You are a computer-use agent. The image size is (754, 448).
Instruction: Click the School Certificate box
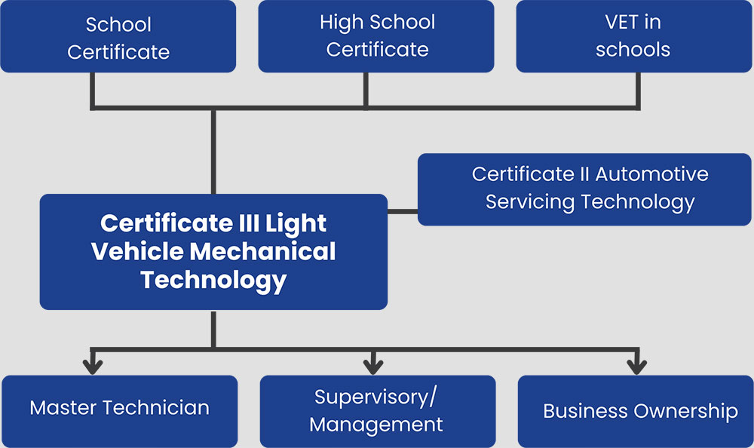[x=118, y=36]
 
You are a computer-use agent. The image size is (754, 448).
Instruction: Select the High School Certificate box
[x=376, y=36]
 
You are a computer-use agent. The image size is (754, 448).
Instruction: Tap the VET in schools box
[x=634, y=36]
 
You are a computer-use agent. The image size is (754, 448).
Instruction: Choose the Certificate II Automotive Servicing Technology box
[x=584, y=189]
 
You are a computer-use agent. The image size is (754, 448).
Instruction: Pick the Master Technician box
[x=120, y=412]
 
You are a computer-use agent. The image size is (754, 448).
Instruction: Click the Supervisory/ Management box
[x=378, y=412]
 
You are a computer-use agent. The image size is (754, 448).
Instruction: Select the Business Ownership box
[x=636, y=412]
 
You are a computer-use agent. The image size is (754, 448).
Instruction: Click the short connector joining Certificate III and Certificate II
[x=403, y=211]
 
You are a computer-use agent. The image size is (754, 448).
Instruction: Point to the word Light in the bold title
[x=296, y=224]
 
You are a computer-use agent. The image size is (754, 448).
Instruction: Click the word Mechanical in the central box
[x=262, y=251]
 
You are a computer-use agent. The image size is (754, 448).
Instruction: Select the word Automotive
[x=651, y=173]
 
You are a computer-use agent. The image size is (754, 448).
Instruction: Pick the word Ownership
[x=685, y=412]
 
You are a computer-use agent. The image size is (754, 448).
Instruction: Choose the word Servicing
[x=530, y=202]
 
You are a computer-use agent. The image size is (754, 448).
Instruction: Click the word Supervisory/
[x=375, y=397]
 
